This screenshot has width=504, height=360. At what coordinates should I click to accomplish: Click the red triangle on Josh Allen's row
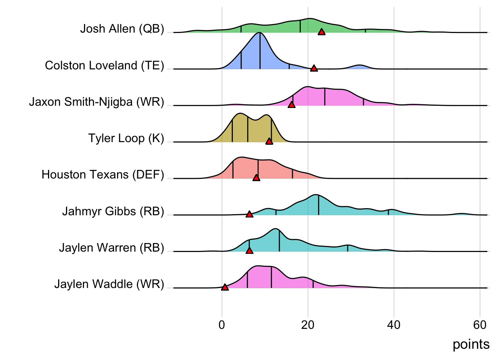pos(321,32)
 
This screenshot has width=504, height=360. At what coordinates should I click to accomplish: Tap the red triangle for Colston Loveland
pos(314,68)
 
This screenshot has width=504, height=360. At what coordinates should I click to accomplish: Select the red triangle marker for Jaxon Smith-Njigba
pos(291,105)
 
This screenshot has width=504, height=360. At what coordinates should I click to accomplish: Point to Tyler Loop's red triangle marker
pos(269,141)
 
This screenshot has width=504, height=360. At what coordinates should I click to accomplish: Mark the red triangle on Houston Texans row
pos(256,178)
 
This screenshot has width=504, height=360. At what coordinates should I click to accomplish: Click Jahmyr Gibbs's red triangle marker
pos(249,214)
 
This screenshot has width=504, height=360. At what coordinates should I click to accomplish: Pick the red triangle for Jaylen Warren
pos(249,250)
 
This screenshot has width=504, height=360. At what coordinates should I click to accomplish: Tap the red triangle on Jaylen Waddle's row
pos(225,287)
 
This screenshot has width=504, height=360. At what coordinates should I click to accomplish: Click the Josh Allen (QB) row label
pos(122,29)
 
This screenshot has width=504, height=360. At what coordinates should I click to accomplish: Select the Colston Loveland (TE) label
pos(104,66)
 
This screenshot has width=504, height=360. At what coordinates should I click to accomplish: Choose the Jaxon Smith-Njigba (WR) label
pos(96,102)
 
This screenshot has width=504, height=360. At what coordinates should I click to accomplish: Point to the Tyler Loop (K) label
pos(126,138)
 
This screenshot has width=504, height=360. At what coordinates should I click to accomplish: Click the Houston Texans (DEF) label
pos(103,175)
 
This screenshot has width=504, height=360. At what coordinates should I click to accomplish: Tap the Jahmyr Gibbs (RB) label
pos(113,211)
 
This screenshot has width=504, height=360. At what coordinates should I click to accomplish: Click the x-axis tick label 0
pos(222,325)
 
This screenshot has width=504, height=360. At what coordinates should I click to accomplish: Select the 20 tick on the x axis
pos(308,325)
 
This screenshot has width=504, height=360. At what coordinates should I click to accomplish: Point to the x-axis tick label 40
pos(394,325)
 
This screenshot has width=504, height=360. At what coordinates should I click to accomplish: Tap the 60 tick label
pos(480,325)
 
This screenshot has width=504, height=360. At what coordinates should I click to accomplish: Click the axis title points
pos(471,344)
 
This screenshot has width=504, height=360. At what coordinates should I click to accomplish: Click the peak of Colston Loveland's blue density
pos(259,33)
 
